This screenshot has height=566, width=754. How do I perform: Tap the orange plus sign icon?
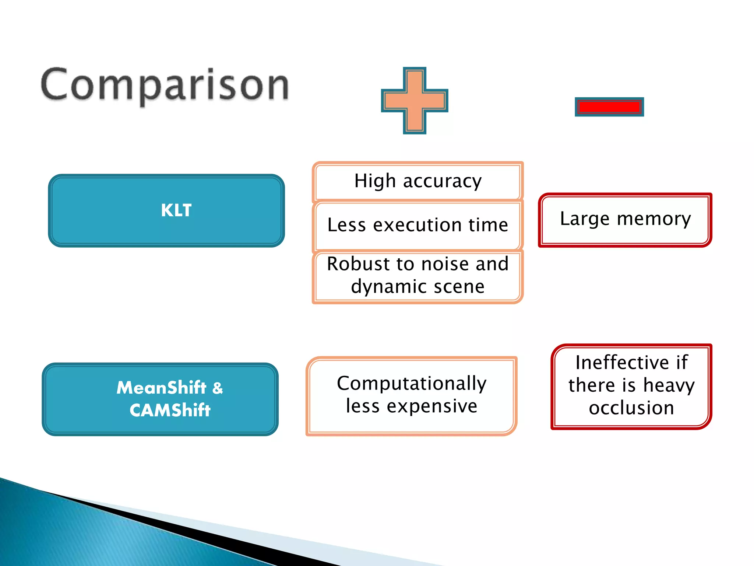tap(415, 100)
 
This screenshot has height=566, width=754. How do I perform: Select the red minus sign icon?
tap(609, 107)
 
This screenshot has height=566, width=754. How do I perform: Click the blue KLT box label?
tap(176, 210)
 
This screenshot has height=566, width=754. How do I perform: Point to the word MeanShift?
tap(161, 388)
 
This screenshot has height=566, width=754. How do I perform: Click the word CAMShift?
tap(170, 410)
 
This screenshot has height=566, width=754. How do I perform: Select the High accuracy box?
tap(417, 181)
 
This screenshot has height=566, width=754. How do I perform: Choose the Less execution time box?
tap(417, 225)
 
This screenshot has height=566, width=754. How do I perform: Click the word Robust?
tap(358, 264)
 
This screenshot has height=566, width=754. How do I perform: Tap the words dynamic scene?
tap(417, 287)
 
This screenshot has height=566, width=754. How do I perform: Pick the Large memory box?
tap(625, 219)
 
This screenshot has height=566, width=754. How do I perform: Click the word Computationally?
tap(412, 383)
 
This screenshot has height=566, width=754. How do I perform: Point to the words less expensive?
tap(412, 406)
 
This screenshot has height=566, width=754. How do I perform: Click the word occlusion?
tap(631, 408)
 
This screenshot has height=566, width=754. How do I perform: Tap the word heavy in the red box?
tap(669, 385)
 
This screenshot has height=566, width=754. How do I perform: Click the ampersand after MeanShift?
tap(218, 388)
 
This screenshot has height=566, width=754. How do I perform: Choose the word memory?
tap(654, 219)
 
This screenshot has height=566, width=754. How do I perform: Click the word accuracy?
tap(442, 181)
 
